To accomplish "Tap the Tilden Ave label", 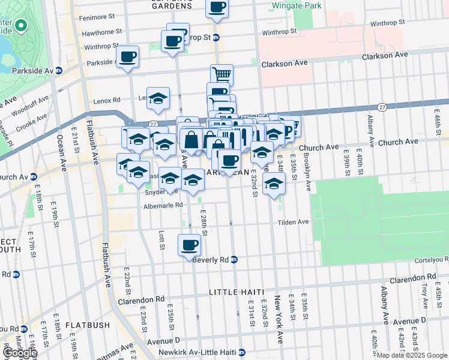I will [x=293, y=222].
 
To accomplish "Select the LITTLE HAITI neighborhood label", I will [x=237, y=292].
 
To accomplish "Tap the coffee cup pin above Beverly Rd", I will [x=189, y=245].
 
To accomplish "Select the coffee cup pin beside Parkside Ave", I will [x=127, y=57].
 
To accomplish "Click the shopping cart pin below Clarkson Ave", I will [x=221, y=75].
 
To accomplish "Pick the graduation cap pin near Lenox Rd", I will [x=158, y=98].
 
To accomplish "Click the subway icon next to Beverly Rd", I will [x=234, y=260].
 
